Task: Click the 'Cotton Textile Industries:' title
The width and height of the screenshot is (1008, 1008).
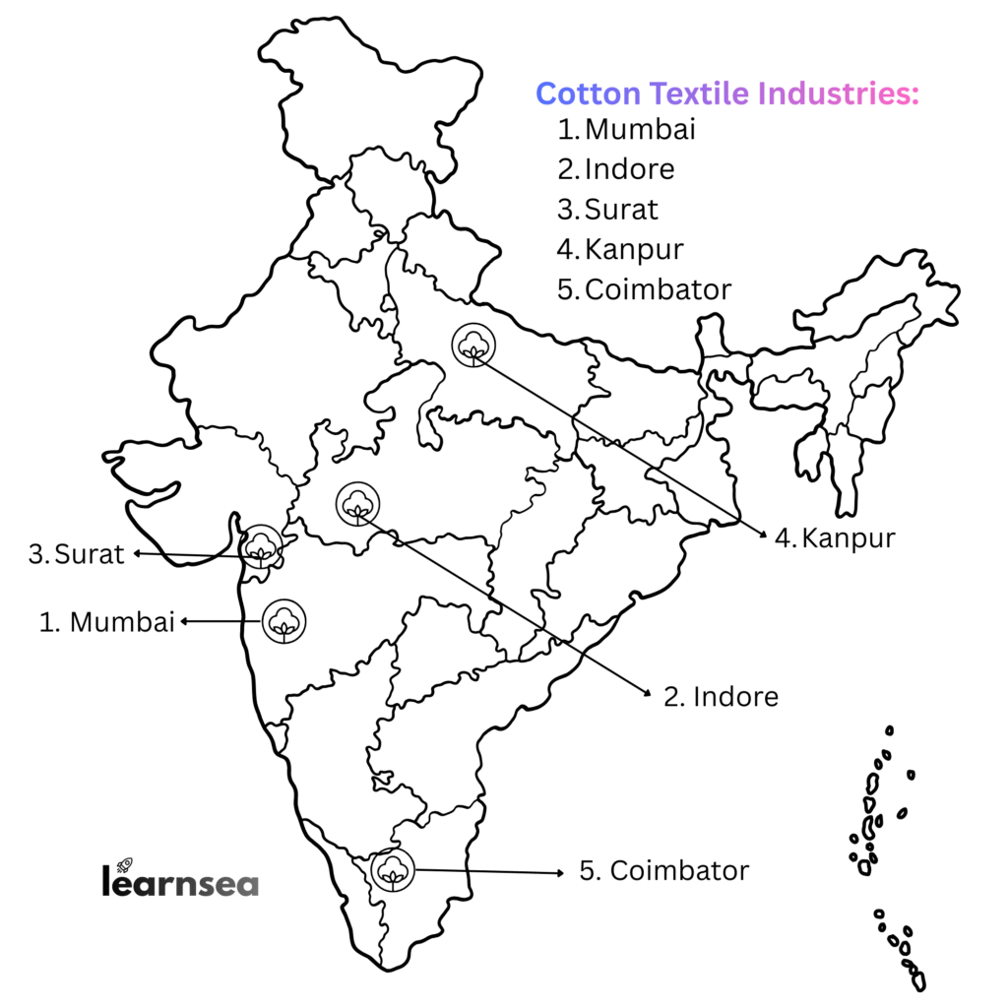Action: point(727,94)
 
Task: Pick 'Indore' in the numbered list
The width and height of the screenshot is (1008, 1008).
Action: point(629,169)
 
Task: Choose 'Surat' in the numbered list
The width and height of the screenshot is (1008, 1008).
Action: point(621,210)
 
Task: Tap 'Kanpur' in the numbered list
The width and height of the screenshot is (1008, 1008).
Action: point(634,250)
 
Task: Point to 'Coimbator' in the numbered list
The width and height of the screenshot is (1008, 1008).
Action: point(658,290)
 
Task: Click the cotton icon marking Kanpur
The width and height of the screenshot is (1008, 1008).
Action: point(473,345)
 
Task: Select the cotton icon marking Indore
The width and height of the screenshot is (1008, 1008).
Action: point(356,504)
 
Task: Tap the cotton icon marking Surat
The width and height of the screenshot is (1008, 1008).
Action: point(262,546)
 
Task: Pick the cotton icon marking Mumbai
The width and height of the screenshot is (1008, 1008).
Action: point(283,620)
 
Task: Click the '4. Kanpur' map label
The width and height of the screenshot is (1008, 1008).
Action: point(834,538)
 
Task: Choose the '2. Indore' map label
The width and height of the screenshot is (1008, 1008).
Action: point(721,697)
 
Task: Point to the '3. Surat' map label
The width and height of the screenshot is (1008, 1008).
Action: point(77,554)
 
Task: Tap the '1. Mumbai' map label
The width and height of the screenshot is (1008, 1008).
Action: point(106,622)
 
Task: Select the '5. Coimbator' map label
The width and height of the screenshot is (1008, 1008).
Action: point(663,871)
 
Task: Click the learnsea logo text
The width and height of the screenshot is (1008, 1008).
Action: point(180,881)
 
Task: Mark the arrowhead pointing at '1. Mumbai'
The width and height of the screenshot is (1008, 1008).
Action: point(183,621)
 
